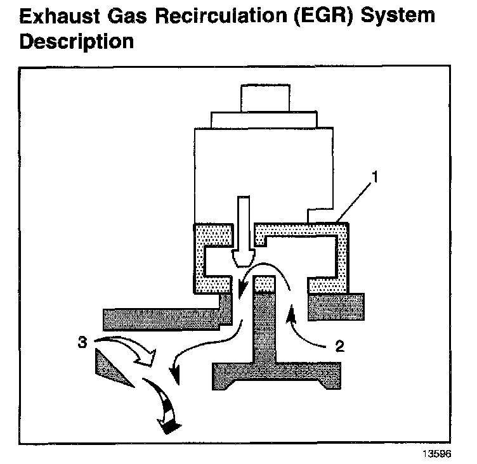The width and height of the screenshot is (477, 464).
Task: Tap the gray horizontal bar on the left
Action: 162,316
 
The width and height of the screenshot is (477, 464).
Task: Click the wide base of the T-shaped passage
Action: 279,373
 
